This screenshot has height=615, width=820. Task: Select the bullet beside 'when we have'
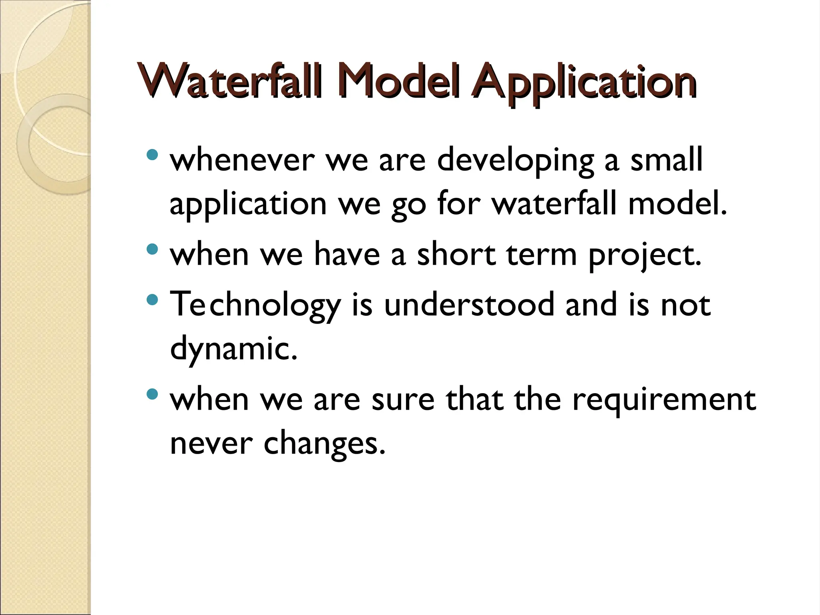click(x=153, y=250)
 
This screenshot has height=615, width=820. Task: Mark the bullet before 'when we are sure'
click(x=153, y=395)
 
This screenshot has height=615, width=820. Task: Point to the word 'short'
click(x=456, y=255)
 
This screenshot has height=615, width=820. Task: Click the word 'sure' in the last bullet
click(x=403, y=400)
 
